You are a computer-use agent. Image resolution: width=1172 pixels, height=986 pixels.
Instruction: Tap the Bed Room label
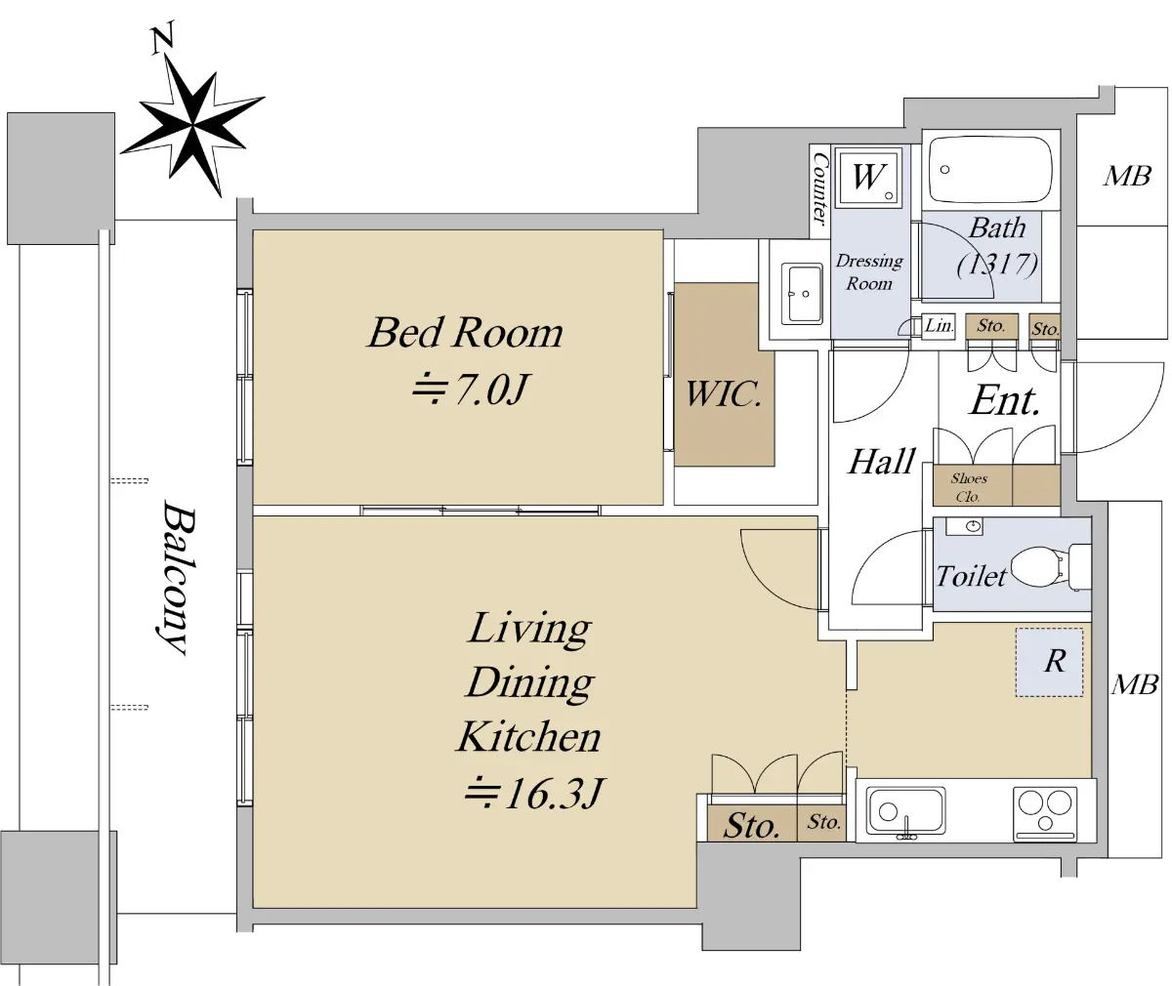465,333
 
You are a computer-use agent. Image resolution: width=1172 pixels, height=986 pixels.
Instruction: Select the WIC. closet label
724,394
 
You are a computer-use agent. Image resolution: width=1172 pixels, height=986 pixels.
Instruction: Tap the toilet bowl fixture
1050,567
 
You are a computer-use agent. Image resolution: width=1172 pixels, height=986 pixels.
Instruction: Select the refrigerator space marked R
1049,662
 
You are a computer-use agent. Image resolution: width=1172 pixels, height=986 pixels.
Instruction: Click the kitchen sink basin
905,811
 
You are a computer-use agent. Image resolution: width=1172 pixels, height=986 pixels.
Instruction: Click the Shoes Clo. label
969,487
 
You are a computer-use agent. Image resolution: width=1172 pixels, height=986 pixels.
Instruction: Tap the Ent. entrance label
1004,401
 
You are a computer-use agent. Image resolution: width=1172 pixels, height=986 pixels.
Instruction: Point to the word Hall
881,462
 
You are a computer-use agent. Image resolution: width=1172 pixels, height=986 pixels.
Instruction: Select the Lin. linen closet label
939,325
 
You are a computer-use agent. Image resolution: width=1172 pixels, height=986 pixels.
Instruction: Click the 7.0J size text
471,390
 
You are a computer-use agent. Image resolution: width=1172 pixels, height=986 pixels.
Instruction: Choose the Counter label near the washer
820,189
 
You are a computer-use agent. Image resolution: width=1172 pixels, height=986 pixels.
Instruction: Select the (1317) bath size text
997,264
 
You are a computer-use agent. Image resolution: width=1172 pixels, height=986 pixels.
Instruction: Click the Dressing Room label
869,272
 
